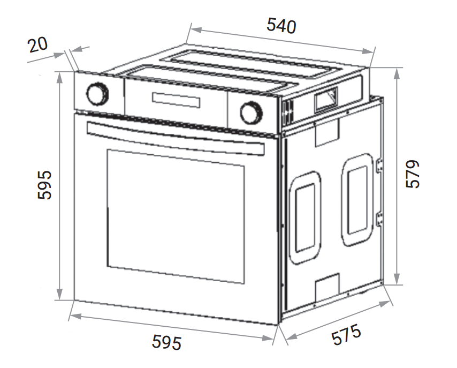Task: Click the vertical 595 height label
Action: click(45, 185)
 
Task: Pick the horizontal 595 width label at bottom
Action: click(167, 342)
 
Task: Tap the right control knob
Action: click(250, 112)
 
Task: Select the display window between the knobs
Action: click(177, 100)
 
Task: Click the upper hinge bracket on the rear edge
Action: click(380, 166)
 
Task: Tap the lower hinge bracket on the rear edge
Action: click(380, 218)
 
